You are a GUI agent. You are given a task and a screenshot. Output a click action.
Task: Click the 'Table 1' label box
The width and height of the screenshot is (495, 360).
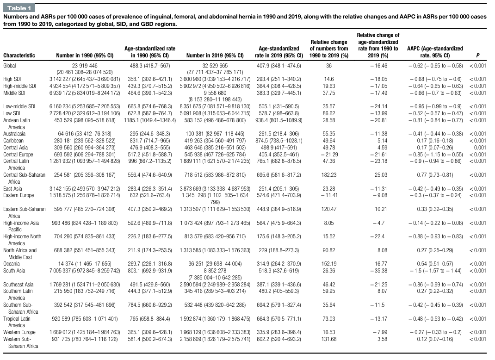pos(19,8)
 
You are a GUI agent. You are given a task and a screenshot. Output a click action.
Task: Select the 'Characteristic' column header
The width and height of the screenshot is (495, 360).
pos(19,56)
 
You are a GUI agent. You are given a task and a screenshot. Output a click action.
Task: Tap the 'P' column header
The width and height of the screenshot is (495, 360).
pos(477,56)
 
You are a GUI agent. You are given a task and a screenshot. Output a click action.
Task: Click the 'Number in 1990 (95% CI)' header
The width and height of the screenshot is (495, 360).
pos(85,56)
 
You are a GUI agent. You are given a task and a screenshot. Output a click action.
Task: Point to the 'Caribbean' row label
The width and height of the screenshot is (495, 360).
pos(13,141)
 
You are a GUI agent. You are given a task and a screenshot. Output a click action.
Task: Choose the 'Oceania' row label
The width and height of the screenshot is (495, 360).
pos(12,264)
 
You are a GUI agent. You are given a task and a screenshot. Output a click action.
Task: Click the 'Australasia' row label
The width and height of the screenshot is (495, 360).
pos(14,134)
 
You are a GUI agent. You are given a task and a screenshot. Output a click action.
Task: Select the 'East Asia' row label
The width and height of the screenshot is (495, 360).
pos(12,188)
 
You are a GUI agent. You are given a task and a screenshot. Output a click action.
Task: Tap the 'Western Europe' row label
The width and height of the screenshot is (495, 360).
pos(19,332)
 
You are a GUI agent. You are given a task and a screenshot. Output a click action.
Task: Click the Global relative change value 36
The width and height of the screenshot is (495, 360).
pos(329,66)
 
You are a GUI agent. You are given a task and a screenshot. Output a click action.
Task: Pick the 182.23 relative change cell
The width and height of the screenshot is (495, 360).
pos(329,174)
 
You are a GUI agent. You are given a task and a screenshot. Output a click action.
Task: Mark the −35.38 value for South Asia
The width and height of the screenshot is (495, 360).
pos(378,271)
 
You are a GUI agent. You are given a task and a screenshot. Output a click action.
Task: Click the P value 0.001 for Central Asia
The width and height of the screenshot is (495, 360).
pos(480,148)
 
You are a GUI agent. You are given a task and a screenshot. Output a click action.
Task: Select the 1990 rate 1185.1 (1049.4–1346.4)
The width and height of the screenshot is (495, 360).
pos(150,120)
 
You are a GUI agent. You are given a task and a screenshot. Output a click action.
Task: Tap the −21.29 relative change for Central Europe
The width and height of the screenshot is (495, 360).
pos(328,155)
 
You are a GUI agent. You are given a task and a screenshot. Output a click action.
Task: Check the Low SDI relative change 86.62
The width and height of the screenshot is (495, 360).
pos(329,113)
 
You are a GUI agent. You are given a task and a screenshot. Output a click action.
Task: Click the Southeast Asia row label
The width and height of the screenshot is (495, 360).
pos(19,285)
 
